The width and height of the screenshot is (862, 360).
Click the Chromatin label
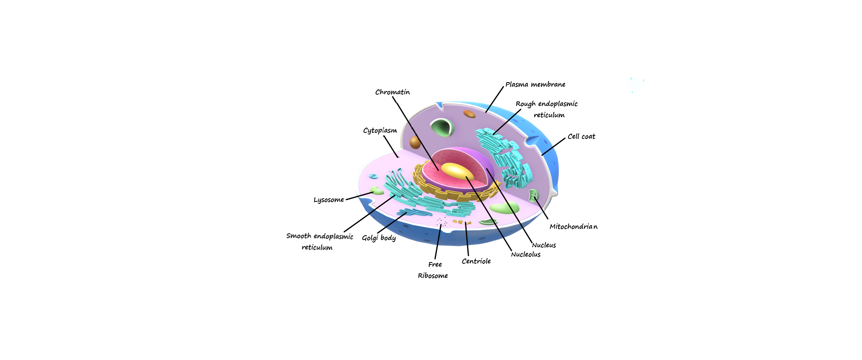click(393, 92)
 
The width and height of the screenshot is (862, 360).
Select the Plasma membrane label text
click(535, 85)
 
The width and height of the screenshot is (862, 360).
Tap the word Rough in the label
click(525, 104)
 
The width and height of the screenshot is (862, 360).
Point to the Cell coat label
click(581, 137)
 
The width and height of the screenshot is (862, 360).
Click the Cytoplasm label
click(380, 130)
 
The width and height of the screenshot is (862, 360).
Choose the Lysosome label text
click(329, 200)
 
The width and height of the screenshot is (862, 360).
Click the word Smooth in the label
click(299, 236)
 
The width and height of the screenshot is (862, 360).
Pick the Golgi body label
click(378, 238)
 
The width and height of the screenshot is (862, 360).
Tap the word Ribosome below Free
click(432, 276)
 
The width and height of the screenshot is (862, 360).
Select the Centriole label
click(476, 261)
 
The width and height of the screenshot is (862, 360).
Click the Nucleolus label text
click(525, 254)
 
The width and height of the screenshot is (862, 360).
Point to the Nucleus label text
click(544, 245)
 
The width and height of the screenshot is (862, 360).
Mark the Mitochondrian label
click(573, 227)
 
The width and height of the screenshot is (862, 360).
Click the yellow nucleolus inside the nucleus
click(457, 171)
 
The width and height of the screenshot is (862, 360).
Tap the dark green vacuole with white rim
click(442, 128)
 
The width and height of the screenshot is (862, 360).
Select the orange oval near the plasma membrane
click(469, 114)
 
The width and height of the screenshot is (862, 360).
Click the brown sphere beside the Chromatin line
click(415, 143)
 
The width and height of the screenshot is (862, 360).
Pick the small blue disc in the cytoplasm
click(373, 176)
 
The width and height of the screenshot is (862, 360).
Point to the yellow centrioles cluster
click(461, 221)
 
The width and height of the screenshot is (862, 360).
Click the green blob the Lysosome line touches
click(377, 191)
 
